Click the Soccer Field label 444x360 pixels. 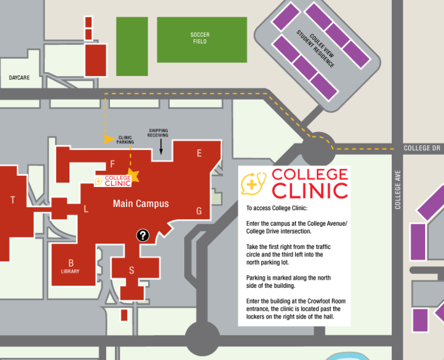[x=199, y=38]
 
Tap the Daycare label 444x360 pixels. [x=19, y=78]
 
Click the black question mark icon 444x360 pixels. [x=143, y=235]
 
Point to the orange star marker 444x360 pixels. [x=133, y=176]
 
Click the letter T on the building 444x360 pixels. [x=13, y=200]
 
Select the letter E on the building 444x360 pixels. [x=199, y=154]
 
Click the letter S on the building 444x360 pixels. [x=132, y=271]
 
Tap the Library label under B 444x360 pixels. [x=70, y=271]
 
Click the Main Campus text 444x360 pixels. [x=140, y=204]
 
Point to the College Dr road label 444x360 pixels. [x=421, y=148]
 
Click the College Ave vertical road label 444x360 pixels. [x=397, y=189]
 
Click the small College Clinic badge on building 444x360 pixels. [x=113, y=180]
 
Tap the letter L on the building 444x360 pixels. [x=85, y=209]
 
